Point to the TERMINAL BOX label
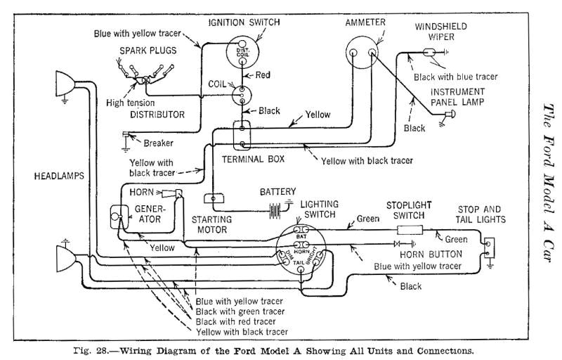[253, 160]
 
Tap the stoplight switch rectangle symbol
[409, 230]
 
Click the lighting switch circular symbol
[302, 247]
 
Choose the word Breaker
[159, 143]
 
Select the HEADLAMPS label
[59, 176]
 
